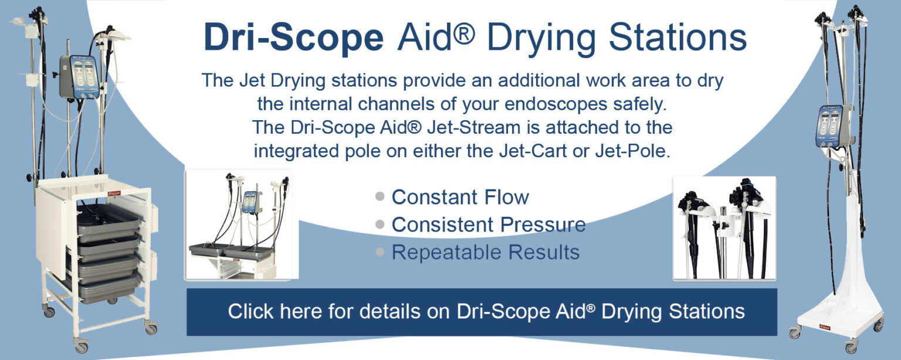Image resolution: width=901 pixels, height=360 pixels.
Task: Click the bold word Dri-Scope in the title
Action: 293,38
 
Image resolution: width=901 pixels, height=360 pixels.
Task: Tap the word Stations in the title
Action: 677,38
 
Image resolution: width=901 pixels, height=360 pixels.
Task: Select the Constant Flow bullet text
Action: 460,197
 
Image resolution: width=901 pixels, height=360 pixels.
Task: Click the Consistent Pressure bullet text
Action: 488,225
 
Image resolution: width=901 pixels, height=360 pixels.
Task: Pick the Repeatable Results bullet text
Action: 485,252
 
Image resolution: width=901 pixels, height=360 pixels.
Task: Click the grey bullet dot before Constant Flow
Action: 380,196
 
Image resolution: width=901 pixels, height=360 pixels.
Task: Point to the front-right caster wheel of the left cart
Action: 151,325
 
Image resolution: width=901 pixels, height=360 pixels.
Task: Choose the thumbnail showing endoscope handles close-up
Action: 724,228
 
